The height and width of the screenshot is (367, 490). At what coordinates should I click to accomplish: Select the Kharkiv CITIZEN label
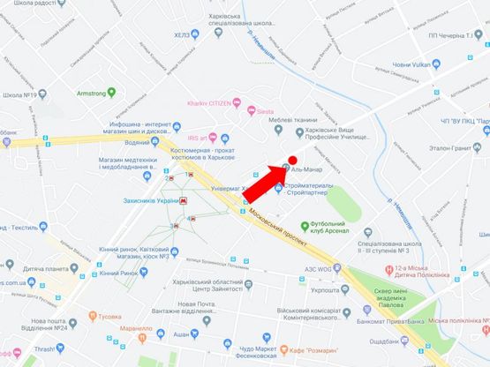(x=208, y=104)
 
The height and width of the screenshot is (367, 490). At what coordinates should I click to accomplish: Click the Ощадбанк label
(x=388, y=341)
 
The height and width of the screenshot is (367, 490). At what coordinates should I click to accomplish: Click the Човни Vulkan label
(x=411, y=64)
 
